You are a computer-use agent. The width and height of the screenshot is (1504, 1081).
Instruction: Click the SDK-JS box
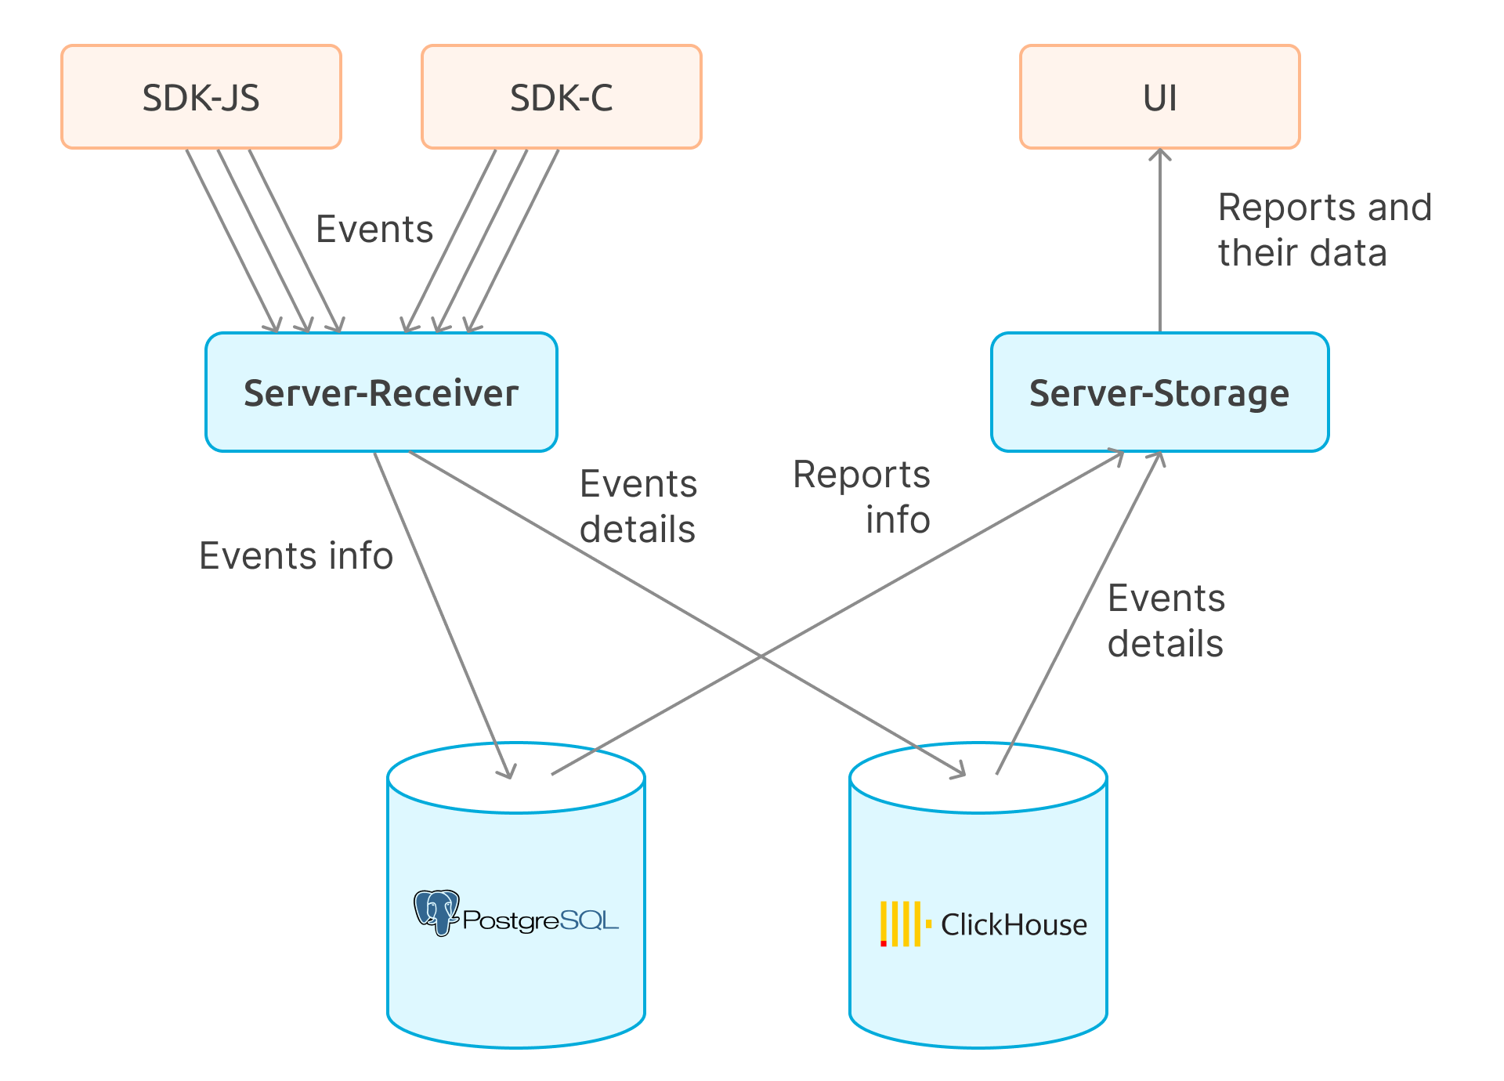coord(201,97)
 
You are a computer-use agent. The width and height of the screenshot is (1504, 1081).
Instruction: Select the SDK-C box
coord(561,97)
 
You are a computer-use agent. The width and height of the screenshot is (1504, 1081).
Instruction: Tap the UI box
coord(1159,97)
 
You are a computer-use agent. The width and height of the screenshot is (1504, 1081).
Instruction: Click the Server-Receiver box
coord(381,392)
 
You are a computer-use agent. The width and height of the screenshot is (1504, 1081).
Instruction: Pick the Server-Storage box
coord(1159,392)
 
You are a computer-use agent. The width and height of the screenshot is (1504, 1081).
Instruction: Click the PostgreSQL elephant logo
coord(437,912)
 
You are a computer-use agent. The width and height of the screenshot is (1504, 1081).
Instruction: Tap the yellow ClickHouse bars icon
coord(901,924)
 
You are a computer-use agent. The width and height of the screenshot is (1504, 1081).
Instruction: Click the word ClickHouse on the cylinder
coord(1014,925)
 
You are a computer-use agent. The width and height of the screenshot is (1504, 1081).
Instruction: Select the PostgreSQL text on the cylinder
coord(540,920)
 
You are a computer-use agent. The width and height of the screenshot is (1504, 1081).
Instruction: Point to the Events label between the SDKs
coord(374,230)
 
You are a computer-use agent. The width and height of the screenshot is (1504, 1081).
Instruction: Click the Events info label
coord(296,556)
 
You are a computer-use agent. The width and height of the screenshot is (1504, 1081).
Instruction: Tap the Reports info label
coord(862,497)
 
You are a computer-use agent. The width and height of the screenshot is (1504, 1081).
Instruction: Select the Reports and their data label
coord(1324,230)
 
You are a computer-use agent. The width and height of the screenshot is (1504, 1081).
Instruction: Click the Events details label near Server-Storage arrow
coord(1166,621)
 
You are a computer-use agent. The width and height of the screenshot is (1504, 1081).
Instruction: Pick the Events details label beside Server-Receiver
coord(638,507)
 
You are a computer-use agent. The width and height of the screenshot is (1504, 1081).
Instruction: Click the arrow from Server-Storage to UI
coord(1159,243)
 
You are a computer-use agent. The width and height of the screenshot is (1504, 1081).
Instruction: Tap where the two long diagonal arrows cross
coord(761,656)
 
